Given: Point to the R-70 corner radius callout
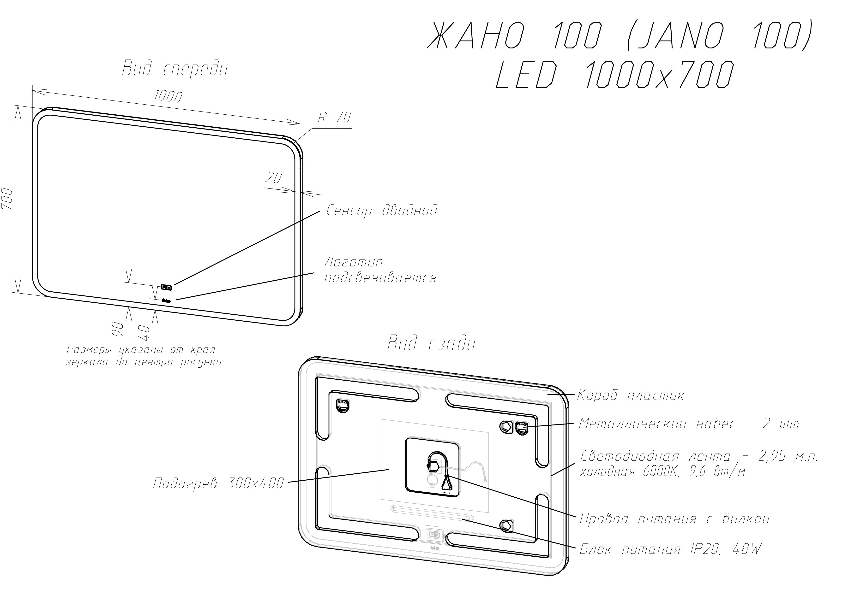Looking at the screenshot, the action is [334, 117].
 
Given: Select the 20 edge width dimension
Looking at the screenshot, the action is [273, 178].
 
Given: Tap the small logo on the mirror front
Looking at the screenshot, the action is [167, 301].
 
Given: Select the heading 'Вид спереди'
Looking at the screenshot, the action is [175, 69].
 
